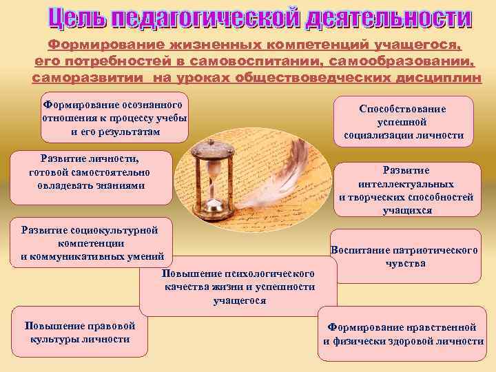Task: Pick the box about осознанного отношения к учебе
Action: (114, 117)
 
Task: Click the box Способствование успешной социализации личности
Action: (403, 122)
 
